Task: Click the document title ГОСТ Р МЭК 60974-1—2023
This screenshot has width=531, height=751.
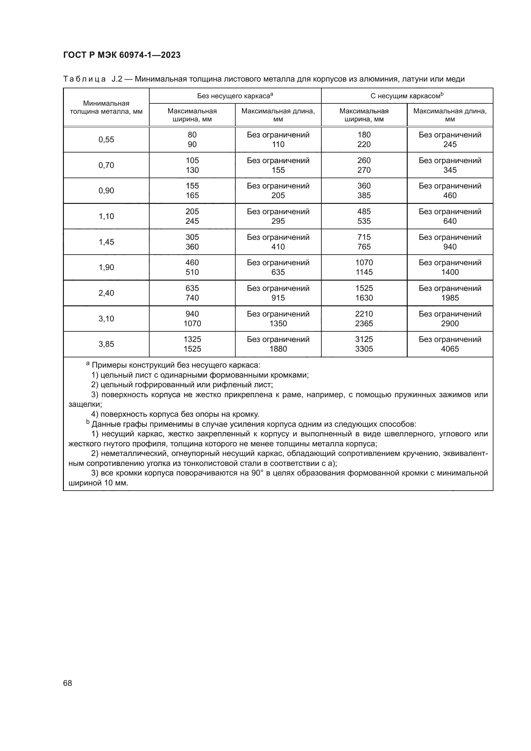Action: [x=122, y=55]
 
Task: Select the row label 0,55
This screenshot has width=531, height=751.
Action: [x=106, y=140]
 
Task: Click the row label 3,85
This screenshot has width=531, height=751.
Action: [x=106, y=344]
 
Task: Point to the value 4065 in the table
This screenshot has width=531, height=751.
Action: [x=450, y=349]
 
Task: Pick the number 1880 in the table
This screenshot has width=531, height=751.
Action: [x=278, y=349]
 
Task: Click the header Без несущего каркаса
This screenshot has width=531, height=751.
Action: [x=235, y=96]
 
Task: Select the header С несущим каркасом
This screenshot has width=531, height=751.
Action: [x=407, y=96]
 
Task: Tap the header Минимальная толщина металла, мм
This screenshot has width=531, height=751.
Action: [x=106, y=107]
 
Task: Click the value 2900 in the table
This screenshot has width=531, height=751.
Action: [x=450, y=324]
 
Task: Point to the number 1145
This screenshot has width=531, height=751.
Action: [x=364, y=272]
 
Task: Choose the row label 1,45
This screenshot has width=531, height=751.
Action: [x=106, y=242]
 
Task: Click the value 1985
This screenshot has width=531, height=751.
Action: [x=450, y=298]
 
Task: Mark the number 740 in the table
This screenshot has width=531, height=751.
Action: [x=192, y=298]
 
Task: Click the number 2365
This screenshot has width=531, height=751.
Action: [x=364, y=324]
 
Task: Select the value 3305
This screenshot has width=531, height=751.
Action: [x=364, y=349]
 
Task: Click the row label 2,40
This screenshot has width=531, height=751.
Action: [x=106, y=293]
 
